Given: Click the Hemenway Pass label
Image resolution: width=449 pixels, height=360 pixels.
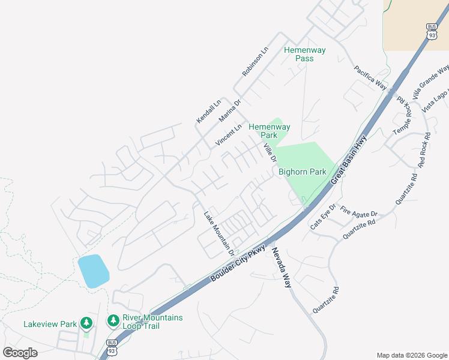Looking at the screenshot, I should pyautogui.click(x=304, y=55).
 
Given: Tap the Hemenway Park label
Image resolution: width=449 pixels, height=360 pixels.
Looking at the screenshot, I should pyautogui.click(x=270, y=131).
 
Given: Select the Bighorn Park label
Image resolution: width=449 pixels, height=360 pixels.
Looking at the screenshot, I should pyautogui.click(x=303, y=172).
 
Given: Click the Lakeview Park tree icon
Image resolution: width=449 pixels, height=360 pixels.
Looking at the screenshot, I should pyautogui.click(x=86, y=324).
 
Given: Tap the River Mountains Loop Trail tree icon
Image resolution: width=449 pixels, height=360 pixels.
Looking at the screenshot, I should pyautogui.click(x=113, y=321).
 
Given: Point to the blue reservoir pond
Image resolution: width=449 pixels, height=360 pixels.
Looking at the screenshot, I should pyautogui.click(x=93, y=271).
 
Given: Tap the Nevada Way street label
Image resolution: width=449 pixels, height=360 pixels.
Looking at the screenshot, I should pyautogui.click(x=282, y=269).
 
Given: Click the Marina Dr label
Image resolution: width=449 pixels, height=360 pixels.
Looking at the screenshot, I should pyautogui.click(x=229, y=111).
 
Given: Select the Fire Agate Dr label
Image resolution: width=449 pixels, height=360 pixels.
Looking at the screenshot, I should pyautogui.click(x=358, y=212).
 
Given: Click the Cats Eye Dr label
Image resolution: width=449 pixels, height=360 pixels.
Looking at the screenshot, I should pyautogui.click(x=323, y=217).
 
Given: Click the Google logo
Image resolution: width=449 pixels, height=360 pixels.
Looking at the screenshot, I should pyautogui.click(x=20, y=352).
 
